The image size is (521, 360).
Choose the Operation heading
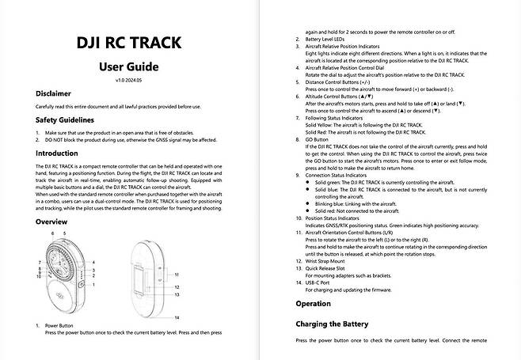[x=313, y=304]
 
